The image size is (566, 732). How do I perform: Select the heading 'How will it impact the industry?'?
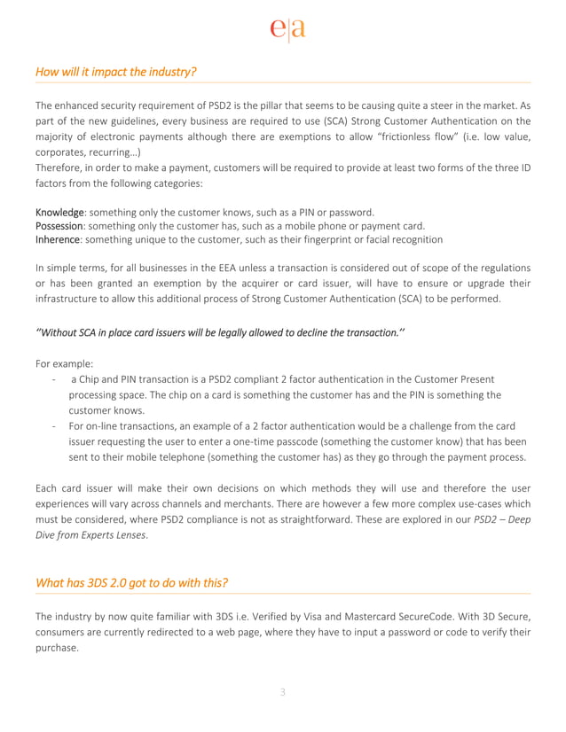[x=115, y=71]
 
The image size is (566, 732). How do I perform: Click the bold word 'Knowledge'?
[x=60, y=212]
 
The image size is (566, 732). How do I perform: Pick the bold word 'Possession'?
[x=60, y=225]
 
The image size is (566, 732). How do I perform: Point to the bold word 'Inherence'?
[x=59, y=239]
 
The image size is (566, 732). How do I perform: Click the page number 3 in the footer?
[x=283, y=692]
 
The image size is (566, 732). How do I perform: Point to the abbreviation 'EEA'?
[x=244, y=267]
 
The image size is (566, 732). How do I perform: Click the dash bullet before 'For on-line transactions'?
[x=56, y=426]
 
